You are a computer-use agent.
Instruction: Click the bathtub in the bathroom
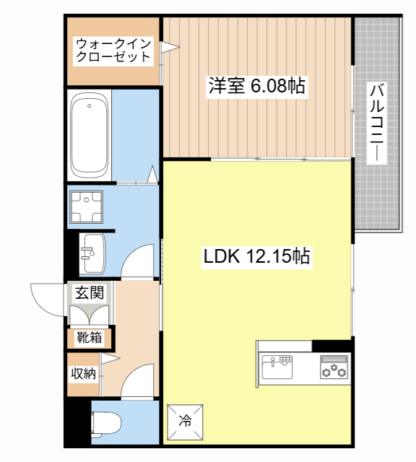coord(90,136)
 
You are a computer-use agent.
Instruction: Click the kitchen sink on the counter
coord(277,367)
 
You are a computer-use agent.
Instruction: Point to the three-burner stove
coord(334,367)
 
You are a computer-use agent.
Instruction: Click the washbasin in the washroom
coord(93,253)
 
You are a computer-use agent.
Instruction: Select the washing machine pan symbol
coord(87,207)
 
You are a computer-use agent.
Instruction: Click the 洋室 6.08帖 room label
coord(257,86)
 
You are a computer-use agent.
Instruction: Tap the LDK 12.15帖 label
coord(256,256)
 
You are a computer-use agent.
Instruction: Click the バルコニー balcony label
coord(376,123)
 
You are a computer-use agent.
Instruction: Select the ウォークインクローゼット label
coord(113,51)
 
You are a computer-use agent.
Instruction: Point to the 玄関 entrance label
coord(90,292)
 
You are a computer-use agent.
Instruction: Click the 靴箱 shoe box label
coord(90,337)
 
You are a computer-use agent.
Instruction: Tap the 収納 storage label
coord(84,374)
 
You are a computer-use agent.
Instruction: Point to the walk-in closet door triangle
coord(170,47)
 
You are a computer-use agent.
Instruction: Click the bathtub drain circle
coord(90,106)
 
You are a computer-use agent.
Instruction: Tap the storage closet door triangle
coord(110,358)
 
